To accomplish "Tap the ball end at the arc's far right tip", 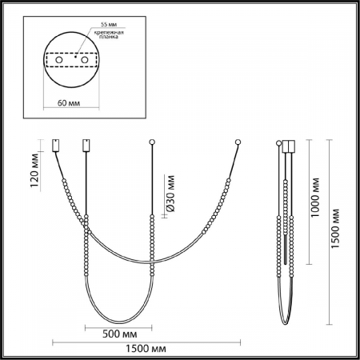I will tap(238, 143).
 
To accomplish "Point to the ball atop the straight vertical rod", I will tap(152, 143).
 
